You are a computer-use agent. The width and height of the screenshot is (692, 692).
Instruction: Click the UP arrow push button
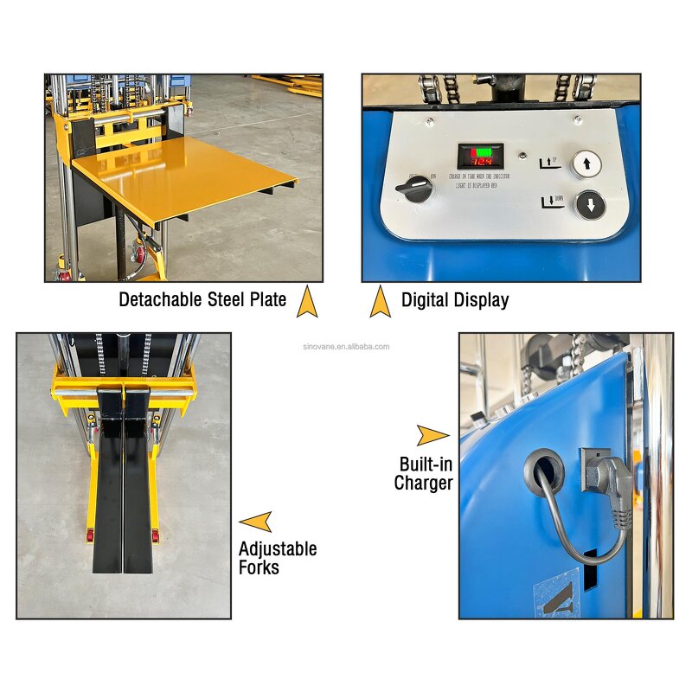(586, 163)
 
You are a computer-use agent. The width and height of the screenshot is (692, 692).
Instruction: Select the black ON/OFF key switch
(419, 189)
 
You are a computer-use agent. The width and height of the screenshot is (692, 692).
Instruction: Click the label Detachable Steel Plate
(202, 300)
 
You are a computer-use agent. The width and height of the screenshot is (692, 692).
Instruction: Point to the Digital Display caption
(455, 300)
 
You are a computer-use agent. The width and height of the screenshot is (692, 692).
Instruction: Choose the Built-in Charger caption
(424, 473)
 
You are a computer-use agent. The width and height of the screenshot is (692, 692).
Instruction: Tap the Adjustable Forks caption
(277, 557)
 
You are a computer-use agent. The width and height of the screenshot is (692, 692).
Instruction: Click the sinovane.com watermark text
(350, 347)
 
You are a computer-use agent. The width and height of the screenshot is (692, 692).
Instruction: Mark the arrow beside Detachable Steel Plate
(304, 302)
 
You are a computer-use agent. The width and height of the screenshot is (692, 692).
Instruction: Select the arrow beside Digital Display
(380, 302)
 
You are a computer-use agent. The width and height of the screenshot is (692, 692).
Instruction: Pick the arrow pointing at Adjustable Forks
(256, 521)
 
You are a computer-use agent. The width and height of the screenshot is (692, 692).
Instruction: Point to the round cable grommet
(543, 471)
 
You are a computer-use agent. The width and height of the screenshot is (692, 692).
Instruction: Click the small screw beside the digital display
(523, 157)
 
